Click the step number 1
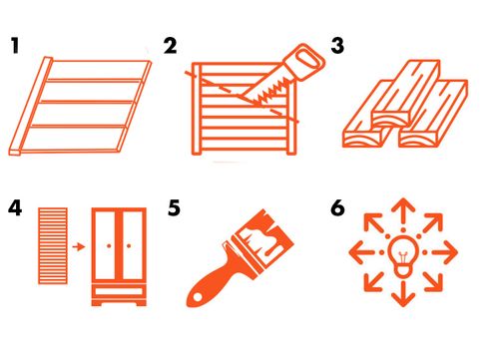click(x=15, y=46)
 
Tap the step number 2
click(x=171, y=46)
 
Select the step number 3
click(x=337, y=46)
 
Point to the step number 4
click(x=15, y=208)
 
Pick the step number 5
click(x=174, y=208)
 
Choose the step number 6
click(x=337, y=208)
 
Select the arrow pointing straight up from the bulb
click(x=403, y=212)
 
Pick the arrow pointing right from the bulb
click(x=445, y=252)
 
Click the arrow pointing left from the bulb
click(x=361, y=252)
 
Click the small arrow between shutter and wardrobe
click(x=79, y=246)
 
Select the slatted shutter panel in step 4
click(x=53, y=246)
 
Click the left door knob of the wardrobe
click(x=109, y=246)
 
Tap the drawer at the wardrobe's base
click(x=119, y=292)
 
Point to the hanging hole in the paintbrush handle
click(x=198, y=297)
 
